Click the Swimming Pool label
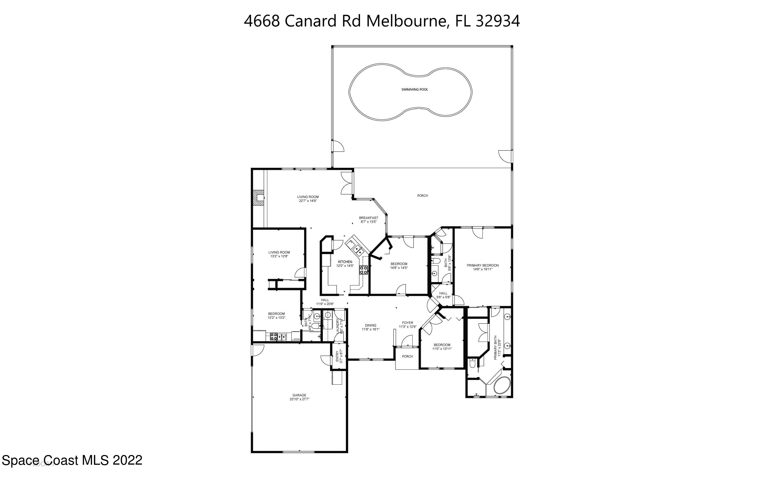pyautogui.click(x=414, y=90)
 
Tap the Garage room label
pyautogui.click(x=299, y=395)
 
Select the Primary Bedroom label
pyautogui.click(x=483, y=265)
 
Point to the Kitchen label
pyautogui.click(x=345, y=262)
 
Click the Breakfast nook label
pyautogui.click(x=369, y=218)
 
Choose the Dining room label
pyautogui.click(x=370, y=326)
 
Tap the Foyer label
pyautogui.click(x=407, y=323)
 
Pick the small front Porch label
pyautogui.click(x=407, y=356)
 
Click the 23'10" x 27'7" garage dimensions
pyautogui.click(x=299, y=399)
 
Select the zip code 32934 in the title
pyautogui.click(x=498, y=21)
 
